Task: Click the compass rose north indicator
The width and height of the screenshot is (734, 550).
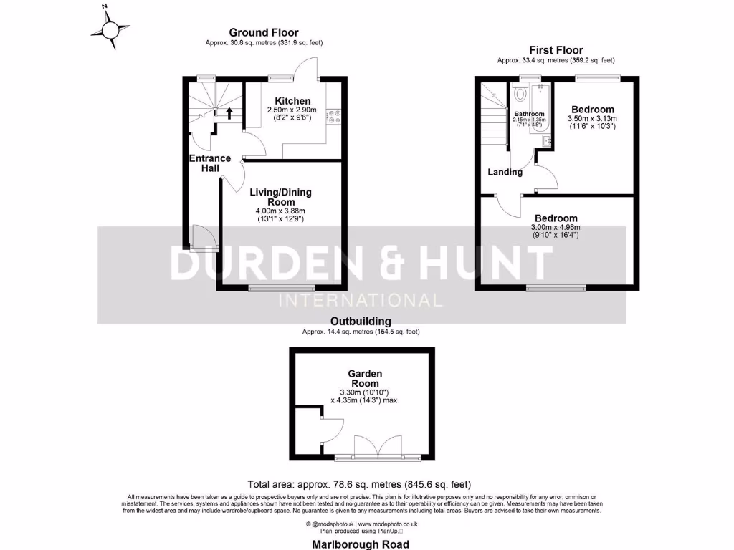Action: coord(110,29)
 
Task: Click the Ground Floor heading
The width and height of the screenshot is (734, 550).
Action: coord(263,32)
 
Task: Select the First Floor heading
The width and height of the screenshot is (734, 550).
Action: coord(556,49)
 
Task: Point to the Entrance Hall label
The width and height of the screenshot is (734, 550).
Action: coord(210,163)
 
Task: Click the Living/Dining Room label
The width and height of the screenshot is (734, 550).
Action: coord(280,197)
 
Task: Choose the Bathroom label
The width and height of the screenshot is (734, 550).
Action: coord(529,114)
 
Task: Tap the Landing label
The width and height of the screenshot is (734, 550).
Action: coord(505,172)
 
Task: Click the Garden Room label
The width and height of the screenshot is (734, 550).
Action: coord(365,378)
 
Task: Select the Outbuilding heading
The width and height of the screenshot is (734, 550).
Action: coord(361,322)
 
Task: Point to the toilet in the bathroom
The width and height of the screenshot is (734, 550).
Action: coord(520,93)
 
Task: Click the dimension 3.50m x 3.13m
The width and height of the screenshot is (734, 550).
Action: coord(592,118)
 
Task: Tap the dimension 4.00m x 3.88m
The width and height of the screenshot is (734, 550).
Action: coord(280,211)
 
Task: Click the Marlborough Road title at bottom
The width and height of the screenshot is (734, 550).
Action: coord(361,544)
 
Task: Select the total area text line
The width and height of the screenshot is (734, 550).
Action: coord(359,484)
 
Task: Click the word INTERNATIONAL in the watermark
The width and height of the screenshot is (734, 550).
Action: coord(361,299)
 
